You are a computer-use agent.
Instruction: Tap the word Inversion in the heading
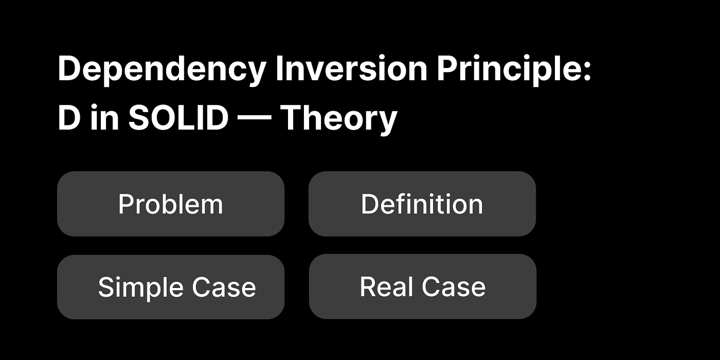pos(351,68)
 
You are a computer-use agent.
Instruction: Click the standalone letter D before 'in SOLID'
pos(69,117)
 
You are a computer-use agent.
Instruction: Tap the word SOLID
pos(178,117)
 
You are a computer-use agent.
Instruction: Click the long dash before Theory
pos(254,118)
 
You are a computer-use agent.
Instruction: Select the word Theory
pos(339,119)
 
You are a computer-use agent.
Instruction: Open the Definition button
pos(422,204)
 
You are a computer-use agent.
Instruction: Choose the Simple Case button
pos(171,287)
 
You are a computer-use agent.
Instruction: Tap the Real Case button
pos(423,286)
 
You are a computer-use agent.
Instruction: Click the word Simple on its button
pos(140,287)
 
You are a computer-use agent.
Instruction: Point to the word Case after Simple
pos(224,287)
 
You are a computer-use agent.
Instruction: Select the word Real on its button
pos(386,286)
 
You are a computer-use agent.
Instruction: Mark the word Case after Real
pos(454,286)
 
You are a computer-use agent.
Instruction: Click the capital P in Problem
pos(127,204)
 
